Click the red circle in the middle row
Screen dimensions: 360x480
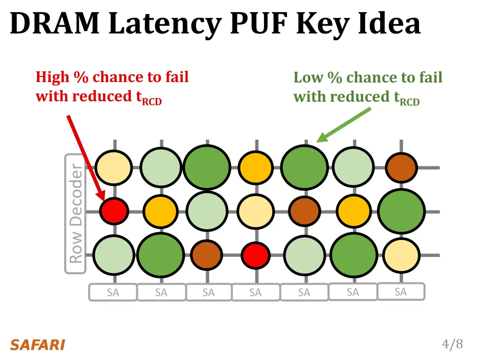pyautogui.click(x=115, y=211)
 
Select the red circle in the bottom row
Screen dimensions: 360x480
pyautogui.click(x=255, y=255)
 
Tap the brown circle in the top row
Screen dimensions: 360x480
pyautogui.click(x=401, y=167)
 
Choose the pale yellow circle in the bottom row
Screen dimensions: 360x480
pyautogui.click(x=401, y=255)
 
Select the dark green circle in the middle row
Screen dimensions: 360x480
pyautogui.click(x=401, y=212)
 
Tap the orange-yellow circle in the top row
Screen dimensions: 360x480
pyautogui.click(x=255, y=167)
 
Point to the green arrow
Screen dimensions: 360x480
pyautogui.click(x=345, y=124)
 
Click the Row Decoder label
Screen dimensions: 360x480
pyautogui.click(x=75, y=214)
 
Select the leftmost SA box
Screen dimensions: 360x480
pyautogui.click(x=112, y=292)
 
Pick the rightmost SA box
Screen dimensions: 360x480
pyautogui.click(x=401, y=292)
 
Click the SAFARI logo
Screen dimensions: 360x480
pyautogui.click(x=37, y=345)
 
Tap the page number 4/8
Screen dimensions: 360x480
pyautogui.click(x=452, y=345)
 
